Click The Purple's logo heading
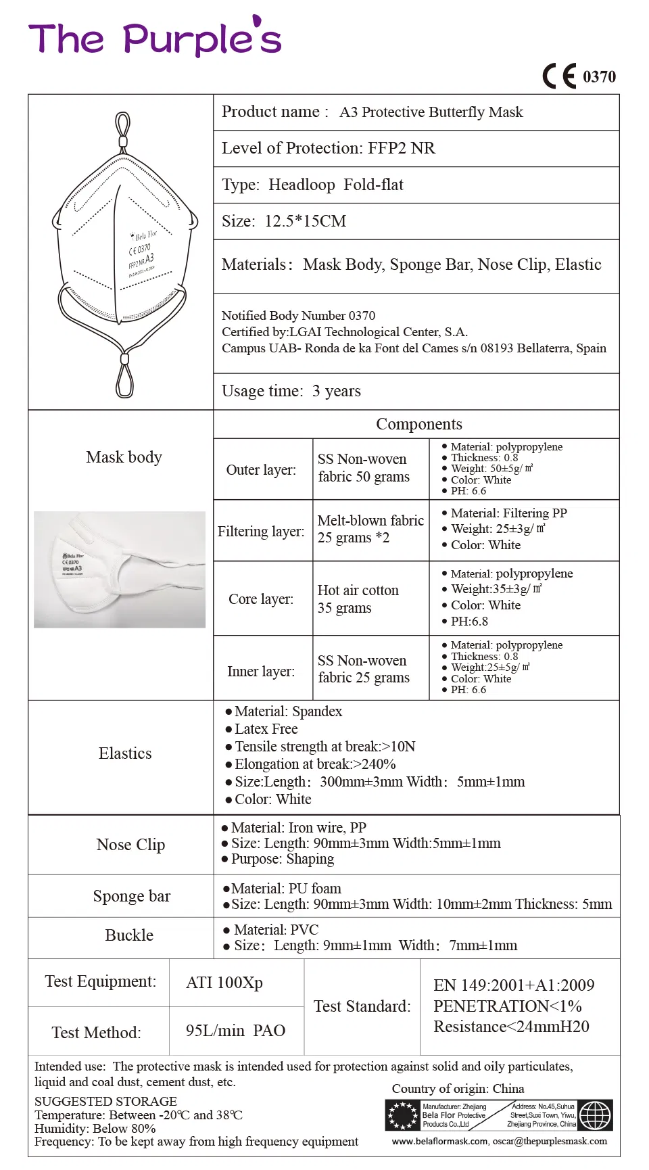(x=155, y=39)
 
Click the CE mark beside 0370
(x=560, y=76)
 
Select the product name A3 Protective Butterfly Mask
(x=431, y=112)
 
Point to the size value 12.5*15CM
(x=306, y=221)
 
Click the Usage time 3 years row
(x=291, y=391)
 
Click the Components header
(x=418, y=424)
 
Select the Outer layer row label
(x=261, y=469)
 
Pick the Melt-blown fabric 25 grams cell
(x=370, y=529)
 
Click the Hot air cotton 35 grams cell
(x=358, y=599)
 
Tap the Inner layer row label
(x=261, y=671)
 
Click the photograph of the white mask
(x=120, y=569)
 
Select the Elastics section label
(x=125, y=753)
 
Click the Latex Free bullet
(x=266, y=729)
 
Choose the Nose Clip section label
(x=130, y=845)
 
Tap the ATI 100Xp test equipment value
(x=224, y=983)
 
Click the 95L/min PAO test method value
(x=235, y=1031)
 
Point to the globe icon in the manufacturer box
(x=595, y=1115)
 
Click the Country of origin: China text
(x=458, y=1089)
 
